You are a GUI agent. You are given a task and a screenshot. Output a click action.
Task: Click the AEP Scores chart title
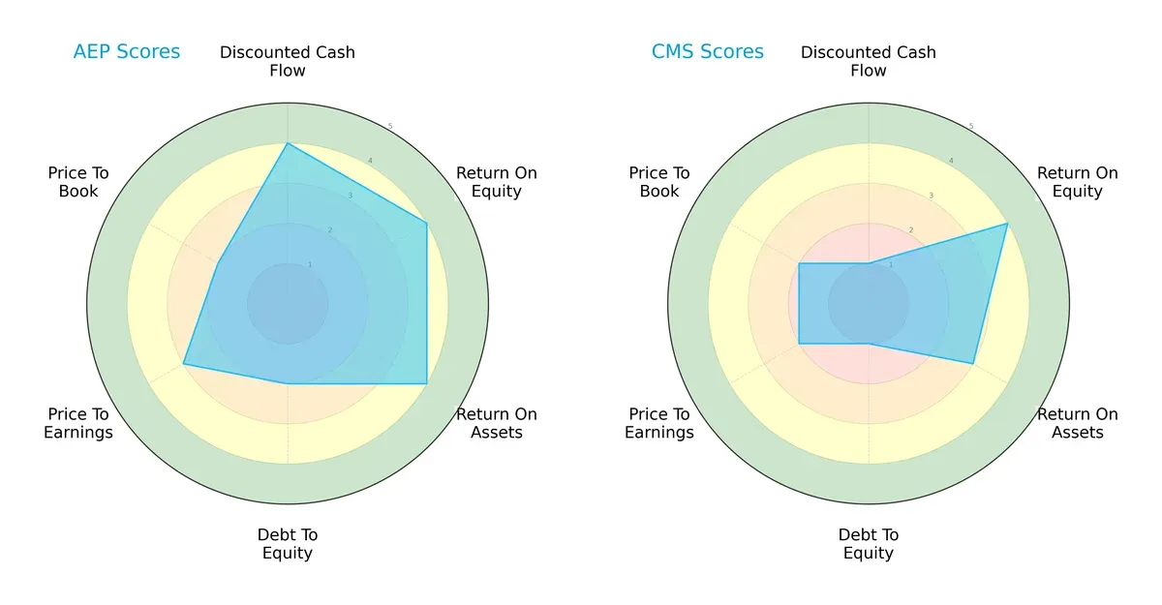[x=126, y=52]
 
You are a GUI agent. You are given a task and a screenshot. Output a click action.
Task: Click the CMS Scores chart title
[x=707, y=52]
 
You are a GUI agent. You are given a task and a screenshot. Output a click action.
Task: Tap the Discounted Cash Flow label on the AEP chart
[x=288, y=61]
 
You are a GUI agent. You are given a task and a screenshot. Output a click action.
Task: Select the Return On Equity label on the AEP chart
[x=497, y=182]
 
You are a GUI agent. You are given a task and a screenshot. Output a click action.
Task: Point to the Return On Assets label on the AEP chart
[x=497, y=423]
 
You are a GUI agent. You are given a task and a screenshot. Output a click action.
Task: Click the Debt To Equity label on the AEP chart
[x=288, y=544]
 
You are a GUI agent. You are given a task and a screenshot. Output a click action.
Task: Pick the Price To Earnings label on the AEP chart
[x=78, y=423]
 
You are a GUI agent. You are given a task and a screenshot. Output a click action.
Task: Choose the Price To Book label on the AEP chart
[x=78, y=182]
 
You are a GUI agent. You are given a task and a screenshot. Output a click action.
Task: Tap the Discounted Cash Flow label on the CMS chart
[x=869, y=61]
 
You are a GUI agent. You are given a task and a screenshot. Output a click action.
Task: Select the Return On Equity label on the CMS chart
[x=1078, y=182]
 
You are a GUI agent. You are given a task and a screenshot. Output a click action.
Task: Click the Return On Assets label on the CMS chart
[x=1078, y=423]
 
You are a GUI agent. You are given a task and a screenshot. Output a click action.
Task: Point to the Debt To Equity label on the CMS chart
[x=869, y=544]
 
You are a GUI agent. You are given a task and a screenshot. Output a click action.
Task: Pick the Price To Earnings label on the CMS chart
[x=659, y=423]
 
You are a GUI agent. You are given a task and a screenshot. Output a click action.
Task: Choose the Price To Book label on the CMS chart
[x=659, y=182]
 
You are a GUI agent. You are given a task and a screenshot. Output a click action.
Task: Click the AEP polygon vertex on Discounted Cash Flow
[x=288, y=143]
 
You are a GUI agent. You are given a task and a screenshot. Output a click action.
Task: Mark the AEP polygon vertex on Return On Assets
[x=427, y=383]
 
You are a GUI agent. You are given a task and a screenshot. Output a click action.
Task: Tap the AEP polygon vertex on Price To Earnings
[x=184, y=364]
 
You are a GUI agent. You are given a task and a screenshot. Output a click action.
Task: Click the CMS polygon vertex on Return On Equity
[x=1007, y=224]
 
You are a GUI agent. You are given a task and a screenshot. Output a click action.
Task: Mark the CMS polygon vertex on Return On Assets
[x=973, y=363]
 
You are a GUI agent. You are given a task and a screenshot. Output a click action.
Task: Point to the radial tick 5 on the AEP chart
[x=390, y=127]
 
